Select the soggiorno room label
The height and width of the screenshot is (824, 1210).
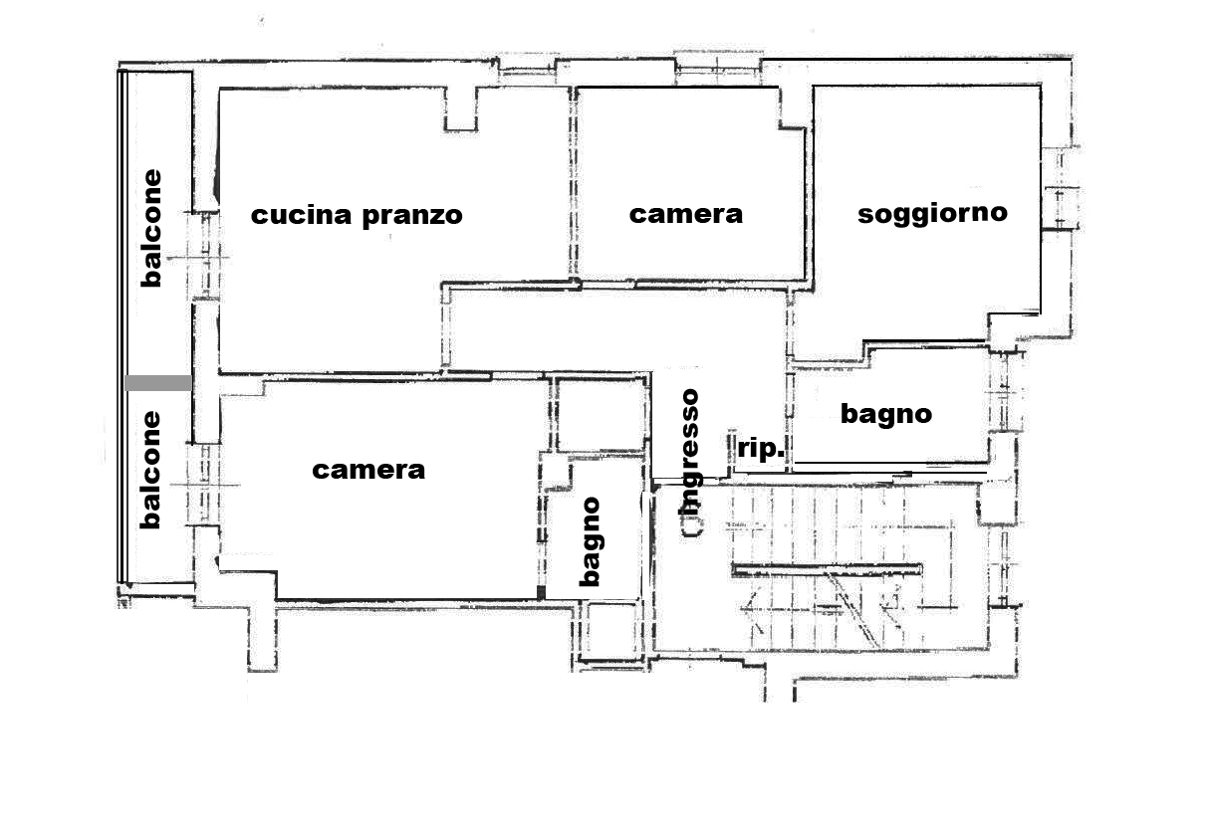point(932,214)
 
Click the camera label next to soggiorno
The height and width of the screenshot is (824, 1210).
point(686,214)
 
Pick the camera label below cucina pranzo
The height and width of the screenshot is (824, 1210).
point(368,470)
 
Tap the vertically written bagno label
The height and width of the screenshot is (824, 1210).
point(591,541)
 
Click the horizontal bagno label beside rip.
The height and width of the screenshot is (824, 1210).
point(886,415)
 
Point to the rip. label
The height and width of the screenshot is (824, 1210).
point(761,449)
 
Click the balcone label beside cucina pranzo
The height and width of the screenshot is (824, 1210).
point(151,228)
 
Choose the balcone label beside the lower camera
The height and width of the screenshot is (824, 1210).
point(151,470)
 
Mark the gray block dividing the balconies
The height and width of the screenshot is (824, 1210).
point(158,383)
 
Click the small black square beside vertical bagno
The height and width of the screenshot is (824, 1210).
point(541,592)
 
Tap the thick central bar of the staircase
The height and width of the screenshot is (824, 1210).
point(827,568)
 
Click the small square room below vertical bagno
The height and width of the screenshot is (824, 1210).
point(611,630)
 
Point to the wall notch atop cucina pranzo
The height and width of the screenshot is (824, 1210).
point(461,109)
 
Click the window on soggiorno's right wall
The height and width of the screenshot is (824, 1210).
point(1060,208)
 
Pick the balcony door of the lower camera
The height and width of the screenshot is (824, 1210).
point(204,484)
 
